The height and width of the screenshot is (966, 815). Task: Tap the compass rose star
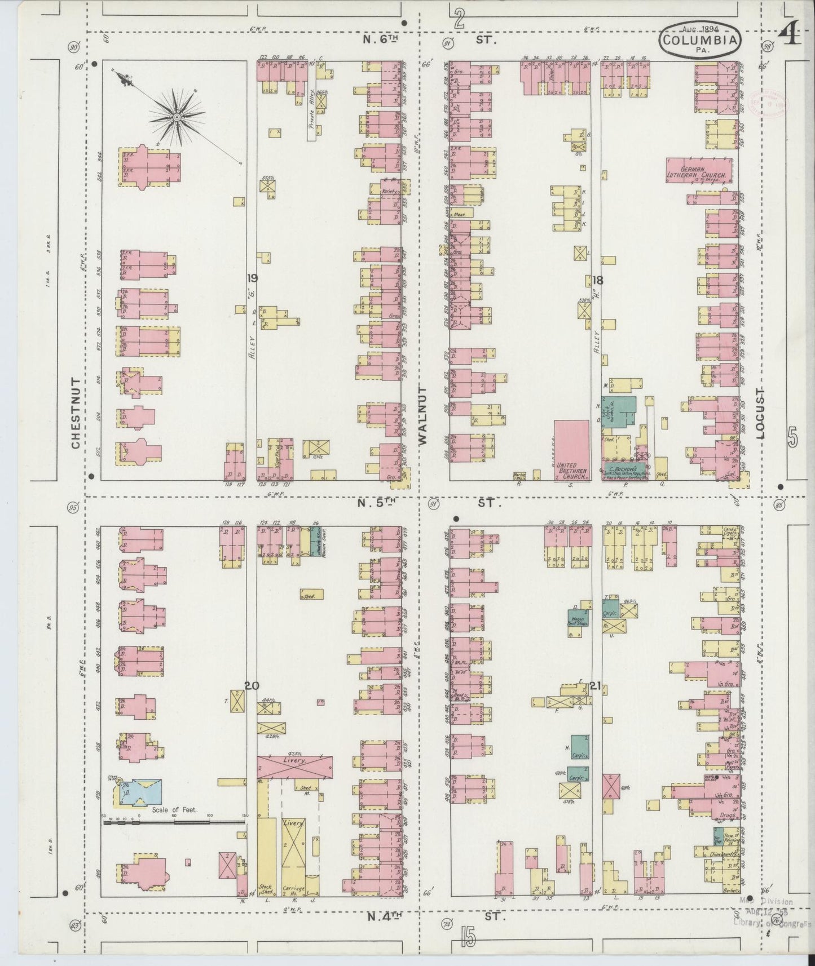pos(177,117)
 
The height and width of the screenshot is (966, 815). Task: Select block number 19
pos(252,277)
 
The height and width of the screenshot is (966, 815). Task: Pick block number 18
pos(597,280)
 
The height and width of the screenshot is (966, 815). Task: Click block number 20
pos(252,685)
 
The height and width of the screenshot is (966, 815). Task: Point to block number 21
pos(595,686)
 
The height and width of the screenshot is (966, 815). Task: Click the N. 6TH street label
pos(382,40)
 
